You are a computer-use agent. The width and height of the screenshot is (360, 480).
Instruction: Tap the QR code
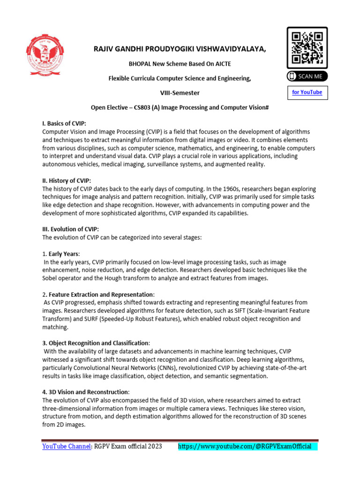click(x=307, y=48)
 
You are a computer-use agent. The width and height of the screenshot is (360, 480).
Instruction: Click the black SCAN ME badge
click(x=307, y=76)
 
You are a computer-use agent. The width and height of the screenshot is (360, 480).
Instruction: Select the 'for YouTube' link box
click(x=307, y=92)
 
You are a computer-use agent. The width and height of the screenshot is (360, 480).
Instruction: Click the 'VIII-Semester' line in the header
click(x=180, y=93)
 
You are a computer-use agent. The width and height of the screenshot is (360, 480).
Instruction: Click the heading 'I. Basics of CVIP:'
click(x=64, y=123)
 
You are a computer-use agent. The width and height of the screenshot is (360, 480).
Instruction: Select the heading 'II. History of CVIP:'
click(x=66, y=180)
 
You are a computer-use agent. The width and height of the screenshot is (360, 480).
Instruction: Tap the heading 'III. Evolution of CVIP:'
click(x=70, y=229)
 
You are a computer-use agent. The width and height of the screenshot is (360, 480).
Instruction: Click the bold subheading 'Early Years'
click(x=64, y=254)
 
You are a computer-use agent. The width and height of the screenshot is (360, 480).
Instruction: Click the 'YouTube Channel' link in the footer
click(x=66, y=446)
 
